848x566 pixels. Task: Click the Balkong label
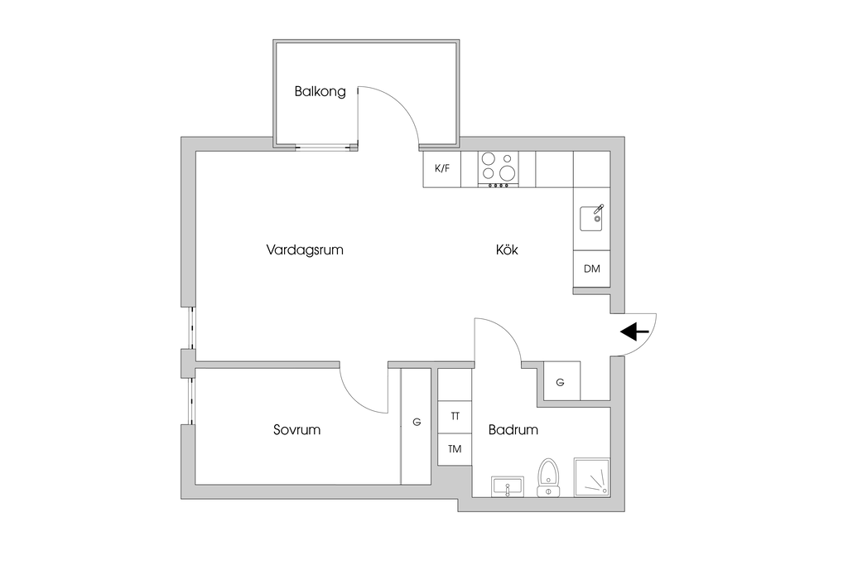(x=320, y=92)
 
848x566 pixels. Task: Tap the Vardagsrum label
(x=305, y=249)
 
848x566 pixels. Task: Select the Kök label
(x=507, y=249)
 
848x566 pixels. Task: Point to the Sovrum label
(x=296, y=430)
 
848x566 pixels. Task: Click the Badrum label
(x=513, y=430)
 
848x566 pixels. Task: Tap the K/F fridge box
(x=442, y=168)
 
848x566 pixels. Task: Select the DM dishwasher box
(x=591, y=268)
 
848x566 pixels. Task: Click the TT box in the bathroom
(x=455, y=416)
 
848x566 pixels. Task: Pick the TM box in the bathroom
(x=455, y=449)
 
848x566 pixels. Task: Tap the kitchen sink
(x=592, y=219)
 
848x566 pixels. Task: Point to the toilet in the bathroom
(x=547, y=477)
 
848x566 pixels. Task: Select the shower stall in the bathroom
(x=591, y=477)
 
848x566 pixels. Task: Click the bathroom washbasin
(x=506, y=486)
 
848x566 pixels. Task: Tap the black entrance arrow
(x=634, y=332)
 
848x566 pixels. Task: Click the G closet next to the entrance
(x=561, y=382)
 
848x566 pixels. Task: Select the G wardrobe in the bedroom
(x=417, y=423)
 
